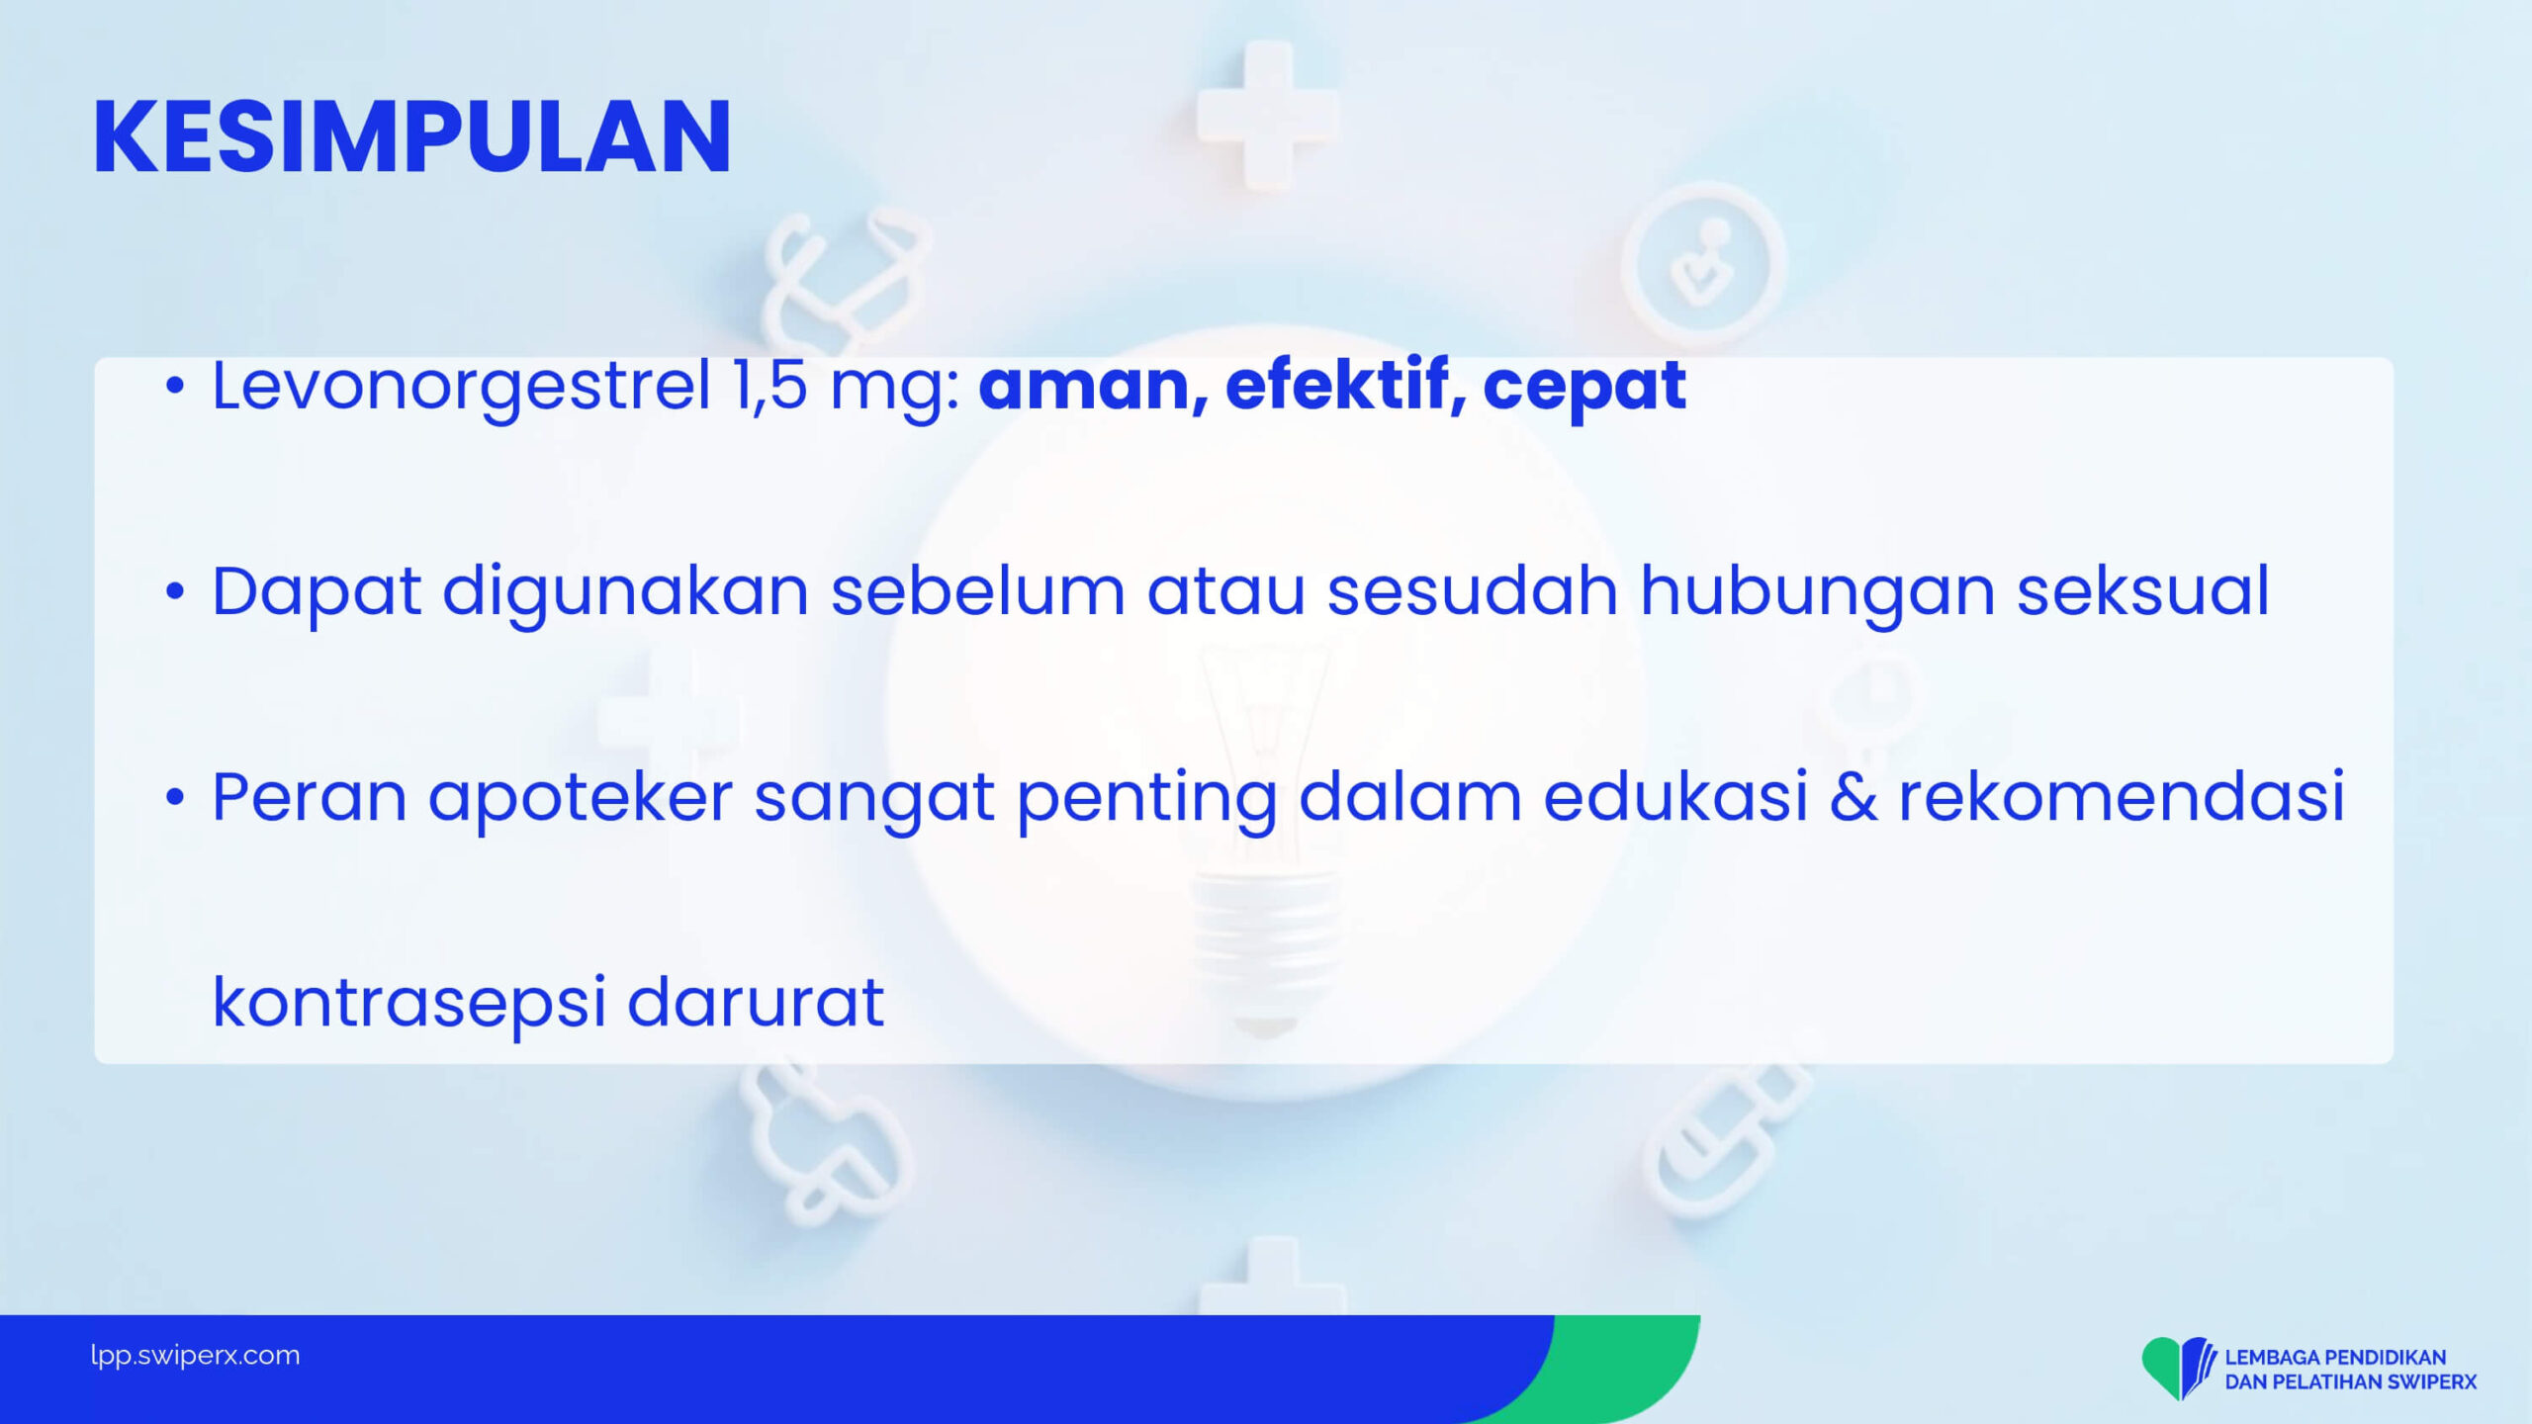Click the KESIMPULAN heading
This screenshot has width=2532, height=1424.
point(411,137)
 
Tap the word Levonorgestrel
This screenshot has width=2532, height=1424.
point(462,387)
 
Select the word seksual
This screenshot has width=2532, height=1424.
point(2142,591)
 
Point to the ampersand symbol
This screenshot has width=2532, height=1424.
point(1853,797)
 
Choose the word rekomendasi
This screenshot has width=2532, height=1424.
point(2122,797)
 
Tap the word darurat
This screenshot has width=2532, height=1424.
point(756,1003)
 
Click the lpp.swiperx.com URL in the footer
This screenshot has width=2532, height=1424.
point(195,1356)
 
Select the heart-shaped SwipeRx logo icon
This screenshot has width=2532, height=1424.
point(2176,1369)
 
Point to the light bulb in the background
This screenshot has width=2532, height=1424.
point(1263,841)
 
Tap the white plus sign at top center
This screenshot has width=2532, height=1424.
point(1267,116)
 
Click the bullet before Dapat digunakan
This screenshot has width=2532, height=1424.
point(175,592)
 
